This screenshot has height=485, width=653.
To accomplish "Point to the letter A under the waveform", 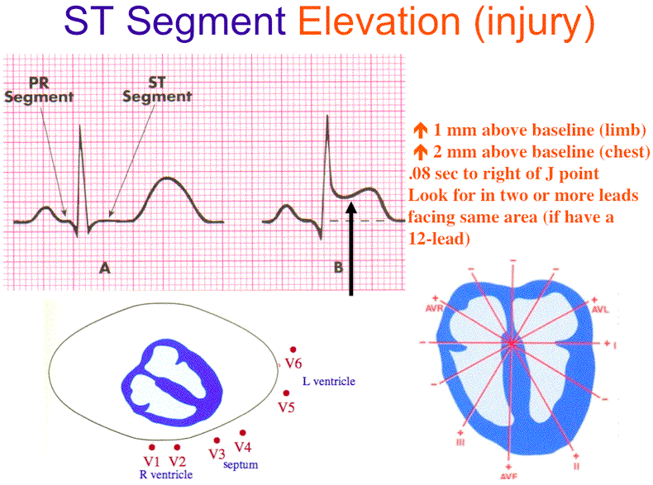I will tap(104, 267).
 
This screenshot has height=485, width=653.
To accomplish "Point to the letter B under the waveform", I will tap(338, 267).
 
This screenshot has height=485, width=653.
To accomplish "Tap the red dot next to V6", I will tap(291, 350).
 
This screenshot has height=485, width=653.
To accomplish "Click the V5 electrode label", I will tap(287, 407).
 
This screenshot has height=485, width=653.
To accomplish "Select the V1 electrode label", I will tap(150, 460).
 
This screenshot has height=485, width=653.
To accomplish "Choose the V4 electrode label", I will tap(243, 447).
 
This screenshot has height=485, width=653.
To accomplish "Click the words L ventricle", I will tap(329, 381).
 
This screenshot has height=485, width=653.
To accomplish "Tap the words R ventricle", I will tap(166, 474).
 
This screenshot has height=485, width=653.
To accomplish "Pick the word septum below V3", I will tap(241, 465).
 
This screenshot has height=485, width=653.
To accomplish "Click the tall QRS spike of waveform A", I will tap(79, 165).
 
